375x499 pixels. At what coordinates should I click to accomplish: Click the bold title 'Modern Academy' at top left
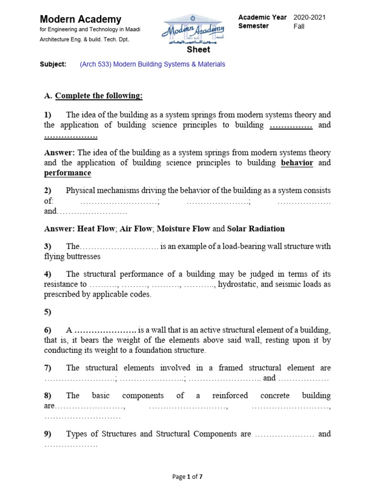pyautogui.click(x=81, y=19)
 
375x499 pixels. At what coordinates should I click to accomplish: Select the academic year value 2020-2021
pyautogui.click(x=309, y=18)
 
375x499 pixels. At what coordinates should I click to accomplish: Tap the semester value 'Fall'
pyautogui.click(x=299, y=26)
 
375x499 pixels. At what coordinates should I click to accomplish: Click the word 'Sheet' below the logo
pyautogui.click(x=199, y=49)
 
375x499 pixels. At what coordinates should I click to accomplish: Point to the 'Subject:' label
pyautogui.click(x=53, y=64)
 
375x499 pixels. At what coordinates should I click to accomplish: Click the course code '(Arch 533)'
pyautogui.click(x=95, y=64)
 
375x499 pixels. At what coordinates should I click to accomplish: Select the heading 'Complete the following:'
pyautogui.click(x=99, y=96)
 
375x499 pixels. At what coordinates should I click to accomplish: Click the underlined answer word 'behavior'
pyautogui.click(x=297, y=163)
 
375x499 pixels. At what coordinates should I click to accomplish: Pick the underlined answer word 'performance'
pyautogui.click(x=67, y=173)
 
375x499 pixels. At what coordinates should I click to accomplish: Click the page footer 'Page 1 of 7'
pyautogui.click(x=187, y=477)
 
